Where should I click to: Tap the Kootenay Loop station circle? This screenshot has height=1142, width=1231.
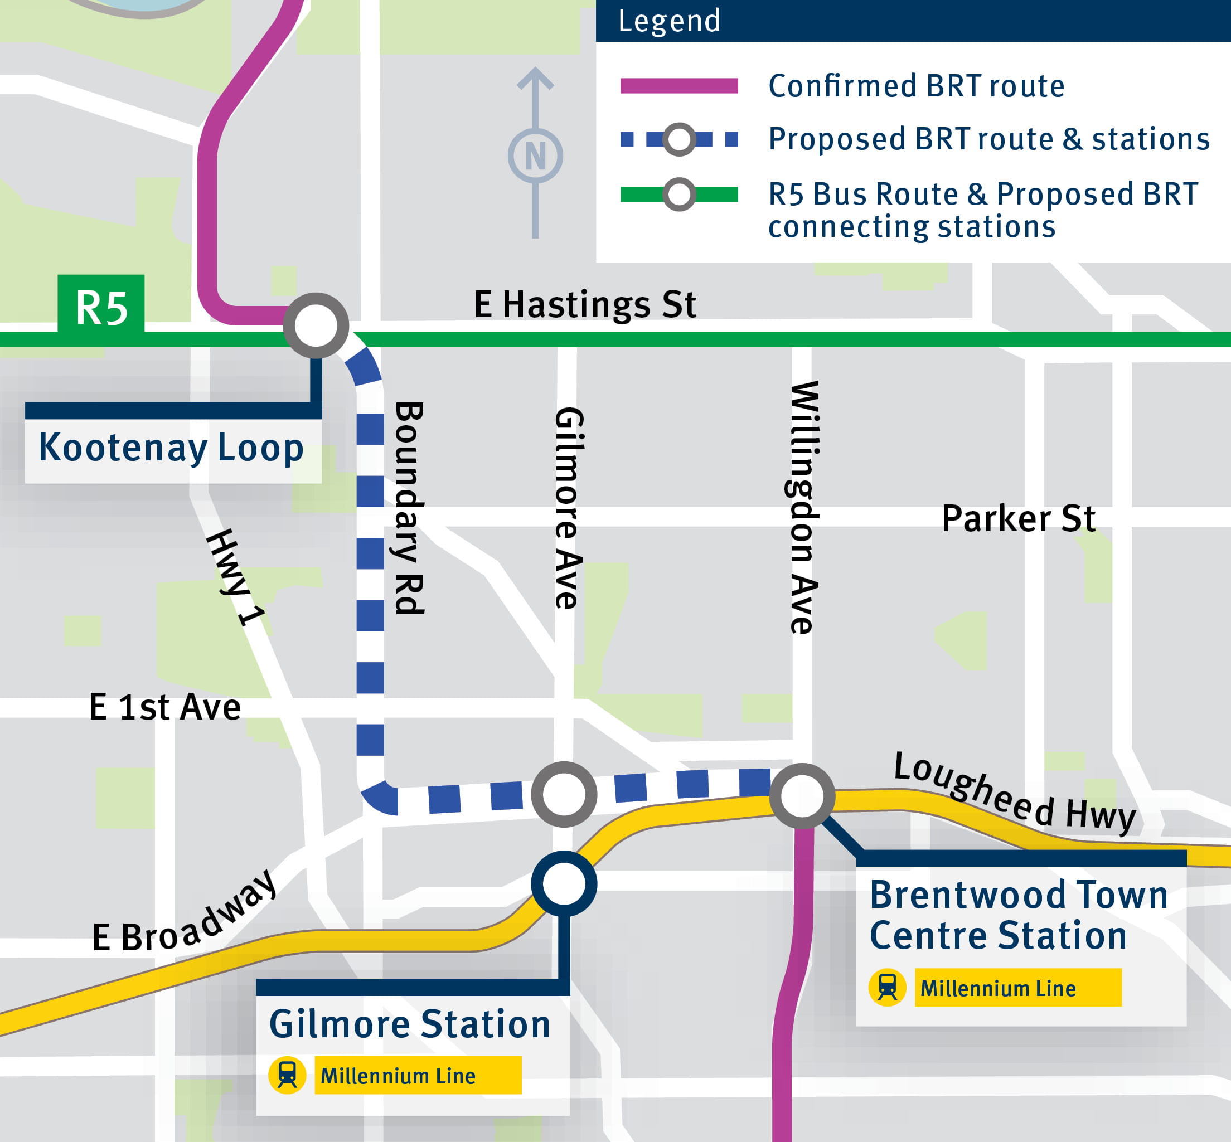(x=316, y=325)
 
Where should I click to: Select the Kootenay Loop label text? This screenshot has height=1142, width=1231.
(x=171, y=448)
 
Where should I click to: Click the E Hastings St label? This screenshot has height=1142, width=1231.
(x=585, y=305)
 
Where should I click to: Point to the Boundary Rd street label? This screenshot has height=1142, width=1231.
(x=409, y=508)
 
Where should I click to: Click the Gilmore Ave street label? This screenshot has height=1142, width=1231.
(x=569, y=508)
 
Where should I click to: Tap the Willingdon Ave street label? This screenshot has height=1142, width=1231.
(x=804, y=508)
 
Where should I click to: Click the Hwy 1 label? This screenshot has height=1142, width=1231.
(x=236, y=577)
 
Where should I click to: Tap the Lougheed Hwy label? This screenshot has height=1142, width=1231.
(x=1014, y=794)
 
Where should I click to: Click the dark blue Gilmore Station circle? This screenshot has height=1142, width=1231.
(x=564, y=884)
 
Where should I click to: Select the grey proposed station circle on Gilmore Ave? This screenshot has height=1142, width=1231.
(x=564, y=794)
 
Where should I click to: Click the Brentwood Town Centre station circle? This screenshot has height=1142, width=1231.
(x=802, y=796)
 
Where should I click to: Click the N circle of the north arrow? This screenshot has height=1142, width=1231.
(x=535, y=155)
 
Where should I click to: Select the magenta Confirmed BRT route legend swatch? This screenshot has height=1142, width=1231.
(x=679, y=86)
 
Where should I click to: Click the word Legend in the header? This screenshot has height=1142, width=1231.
(x=669, y=21)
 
